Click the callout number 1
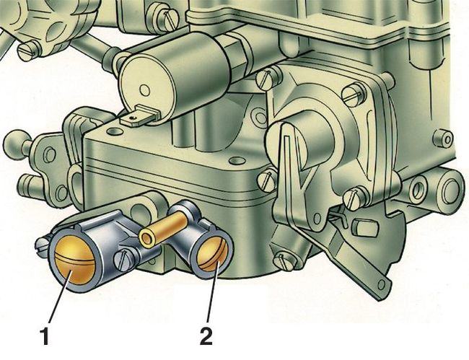(45, 336)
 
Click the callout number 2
(206, 336)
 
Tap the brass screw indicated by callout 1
(75, 260)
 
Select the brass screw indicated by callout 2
(212, 255)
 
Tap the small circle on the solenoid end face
(145, 89)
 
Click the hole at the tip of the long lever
(381, 285)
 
